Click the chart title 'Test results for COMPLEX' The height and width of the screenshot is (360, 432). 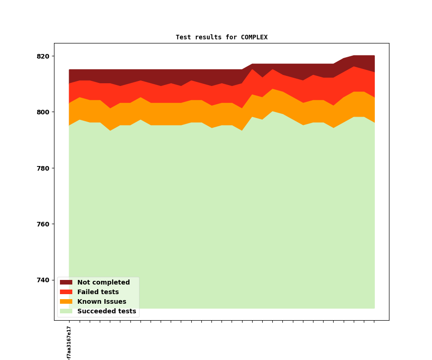tap(221, 37)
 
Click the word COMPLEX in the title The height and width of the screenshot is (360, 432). tap(254, 37)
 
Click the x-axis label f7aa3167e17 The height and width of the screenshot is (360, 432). tap(69, 343)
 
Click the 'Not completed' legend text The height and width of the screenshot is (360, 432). tap(103, 283)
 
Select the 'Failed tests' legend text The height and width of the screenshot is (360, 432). tap(98, 292)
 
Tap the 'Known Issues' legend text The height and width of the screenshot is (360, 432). tap(102, 302)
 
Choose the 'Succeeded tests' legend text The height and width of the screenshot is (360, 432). tap(107, 312)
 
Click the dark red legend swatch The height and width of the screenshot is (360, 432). tap(66, 283)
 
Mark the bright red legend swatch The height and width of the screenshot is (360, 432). tap(66, 292)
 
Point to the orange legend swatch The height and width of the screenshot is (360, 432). tap(66, 302)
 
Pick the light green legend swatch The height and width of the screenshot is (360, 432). tap(66, 312)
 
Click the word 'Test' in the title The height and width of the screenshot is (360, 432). tap(183, 37)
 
